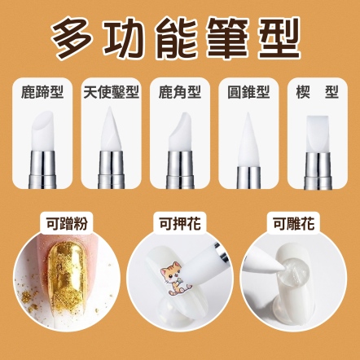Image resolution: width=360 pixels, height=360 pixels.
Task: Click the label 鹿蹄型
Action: (42, 92)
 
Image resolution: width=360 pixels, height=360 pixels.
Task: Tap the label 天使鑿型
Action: (111, 92)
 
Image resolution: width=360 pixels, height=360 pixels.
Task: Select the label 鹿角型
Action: (180, 92)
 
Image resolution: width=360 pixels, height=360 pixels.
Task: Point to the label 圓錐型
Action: (248, 92)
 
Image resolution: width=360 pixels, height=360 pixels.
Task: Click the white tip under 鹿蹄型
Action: (42, 131)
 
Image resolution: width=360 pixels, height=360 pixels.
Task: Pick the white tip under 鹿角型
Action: (180, 131)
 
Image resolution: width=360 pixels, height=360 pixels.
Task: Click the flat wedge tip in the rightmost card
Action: (318, 134)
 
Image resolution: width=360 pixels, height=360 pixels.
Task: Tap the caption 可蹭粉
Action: (67, 224)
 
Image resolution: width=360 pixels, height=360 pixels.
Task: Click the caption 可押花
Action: (180, 224)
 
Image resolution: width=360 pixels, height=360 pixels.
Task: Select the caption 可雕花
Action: (293, 224)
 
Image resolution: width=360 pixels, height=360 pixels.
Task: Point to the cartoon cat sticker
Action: (175, 278)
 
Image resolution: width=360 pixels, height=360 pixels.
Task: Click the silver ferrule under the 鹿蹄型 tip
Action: (42, 169)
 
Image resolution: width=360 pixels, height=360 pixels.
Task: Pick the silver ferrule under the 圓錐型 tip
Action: (248, 178)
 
